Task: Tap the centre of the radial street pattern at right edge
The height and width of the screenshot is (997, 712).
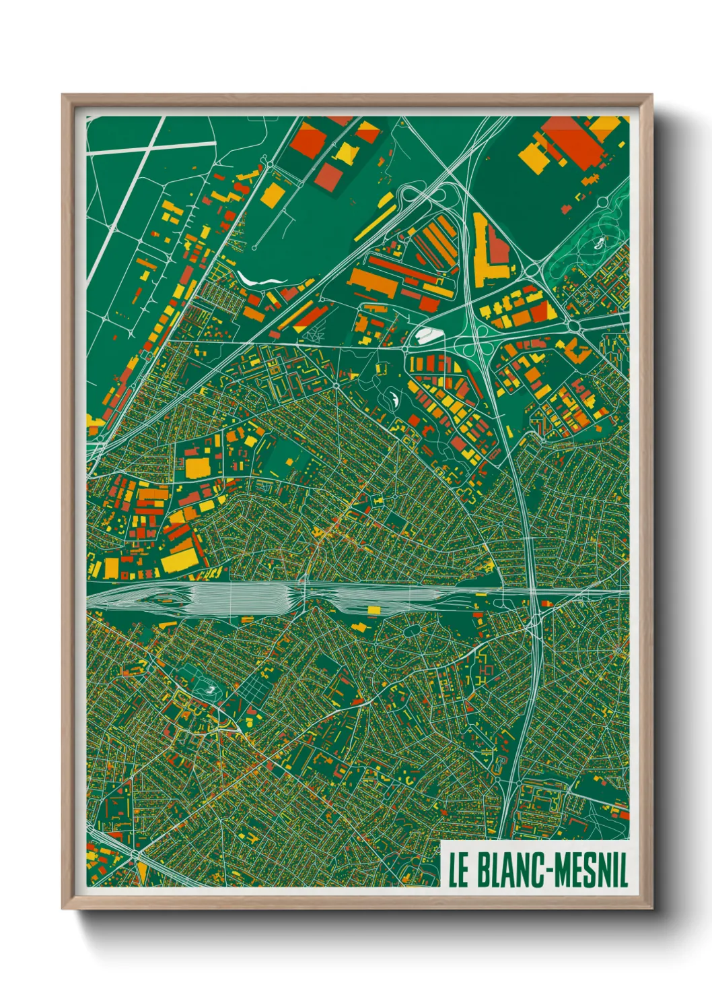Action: [618, 651]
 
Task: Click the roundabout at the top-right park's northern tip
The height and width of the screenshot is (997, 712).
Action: [600, 201]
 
